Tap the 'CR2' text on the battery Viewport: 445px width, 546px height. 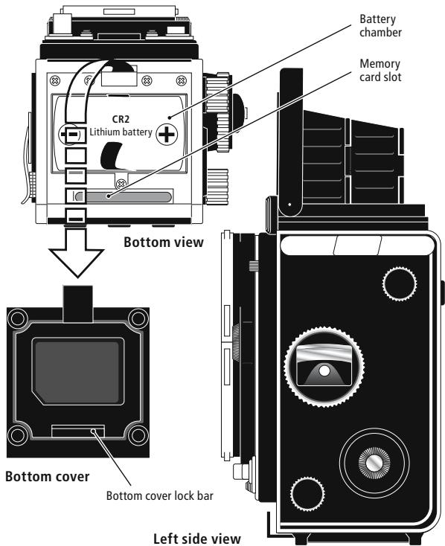121,120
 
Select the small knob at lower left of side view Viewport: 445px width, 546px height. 305,493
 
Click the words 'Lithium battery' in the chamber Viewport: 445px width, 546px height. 121,133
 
